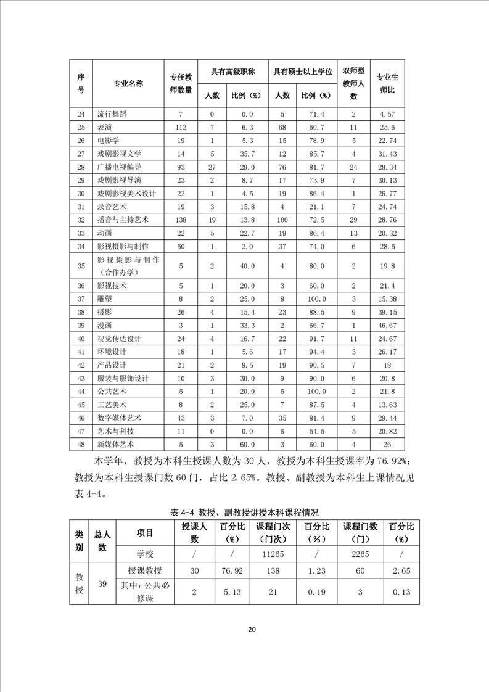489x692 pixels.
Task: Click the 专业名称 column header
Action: (128, 83)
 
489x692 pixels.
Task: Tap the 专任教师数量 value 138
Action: (181, 220)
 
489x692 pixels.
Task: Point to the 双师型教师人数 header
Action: (353, 83)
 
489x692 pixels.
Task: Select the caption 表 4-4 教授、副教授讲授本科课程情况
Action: (244, 513)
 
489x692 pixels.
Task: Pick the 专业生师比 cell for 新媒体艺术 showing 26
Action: (387, 444)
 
